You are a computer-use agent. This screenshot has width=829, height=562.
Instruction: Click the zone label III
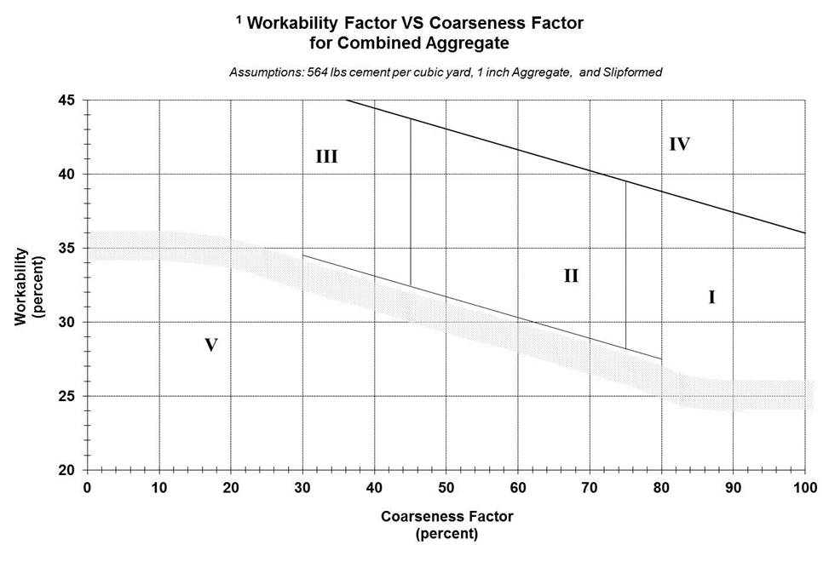327,157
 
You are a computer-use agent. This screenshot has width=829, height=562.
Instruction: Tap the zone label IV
678,144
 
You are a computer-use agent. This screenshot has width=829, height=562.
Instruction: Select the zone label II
571,276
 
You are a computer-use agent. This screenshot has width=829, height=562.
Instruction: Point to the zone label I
711,297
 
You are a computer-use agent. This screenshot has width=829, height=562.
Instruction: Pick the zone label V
212,346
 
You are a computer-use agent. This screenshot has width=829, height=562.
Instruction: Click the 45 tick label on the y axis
67,100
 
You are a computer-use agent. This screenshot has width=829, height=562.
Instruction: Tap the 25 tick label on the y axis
67,397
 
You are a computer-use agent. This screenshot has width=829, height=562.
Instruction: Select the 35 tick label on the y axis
67,249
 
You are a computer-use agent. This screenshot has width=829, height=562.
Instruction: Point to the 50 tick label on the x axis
446,487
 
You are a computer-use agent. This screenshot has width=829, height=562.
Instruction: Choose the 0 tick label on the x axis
87,487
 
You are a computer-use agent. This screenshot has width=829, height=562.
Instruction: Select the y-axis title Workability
22,285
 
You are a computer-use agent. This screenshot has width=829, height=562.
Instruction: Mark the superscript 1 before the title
239,20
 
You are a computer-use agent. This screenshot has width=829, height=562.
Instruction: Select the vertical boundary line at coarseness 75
626,264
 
